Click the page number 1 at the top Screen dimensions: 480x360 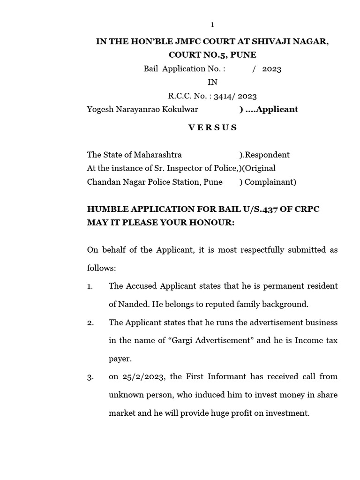(x=212, y=25)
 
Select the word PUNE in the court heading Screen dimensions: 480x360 (x=244, y=55)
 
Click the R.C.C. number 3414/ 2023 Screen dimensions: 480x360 (x=235, y=96)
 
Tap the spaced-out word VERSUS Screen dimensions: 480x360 (x=212, y=127)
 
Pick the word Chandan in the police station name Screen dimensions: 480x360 (x=103, y=182)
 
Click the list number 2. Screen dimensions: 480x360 (x=90, y=322)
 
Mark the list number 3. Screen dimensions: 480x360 (x=90, y=377)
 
